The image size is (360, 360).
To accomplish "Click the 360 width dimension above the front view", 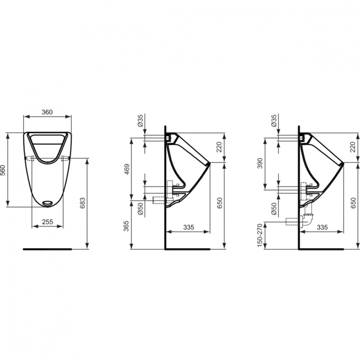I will click(47, 112).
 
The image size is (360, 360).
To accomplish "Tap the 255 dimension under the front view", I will click(47, 222).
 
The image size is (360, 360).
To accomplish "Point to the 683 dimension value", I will click(83, 204).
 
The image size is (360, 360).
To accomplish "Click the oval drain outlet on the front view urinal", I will click(48, 203).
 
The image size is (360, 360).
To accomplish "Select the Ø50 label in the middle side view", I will click(140, 208).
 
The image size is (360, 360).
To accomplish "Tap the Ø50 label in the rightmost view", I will click(274, 208).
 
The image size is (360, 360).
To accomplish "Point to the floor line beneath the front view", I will click(47, 250).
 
